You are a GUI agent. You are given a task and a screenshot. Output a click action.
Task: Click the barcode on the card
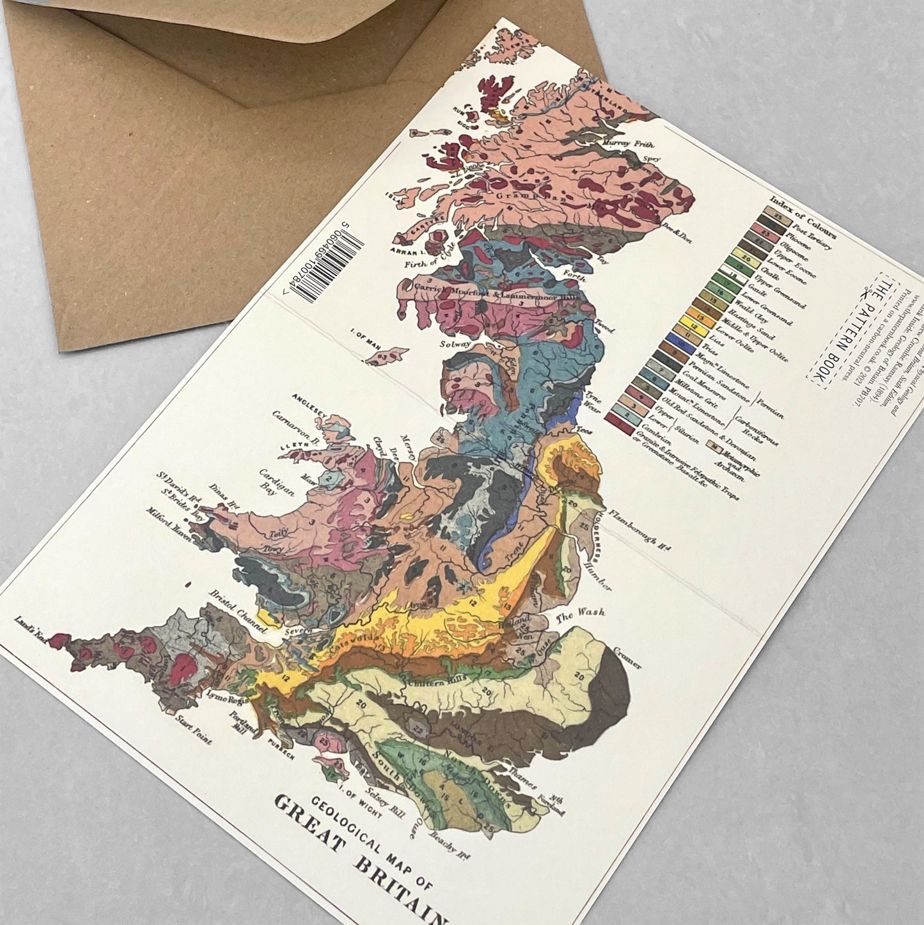pyautogui.click(x=324, y=264)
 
